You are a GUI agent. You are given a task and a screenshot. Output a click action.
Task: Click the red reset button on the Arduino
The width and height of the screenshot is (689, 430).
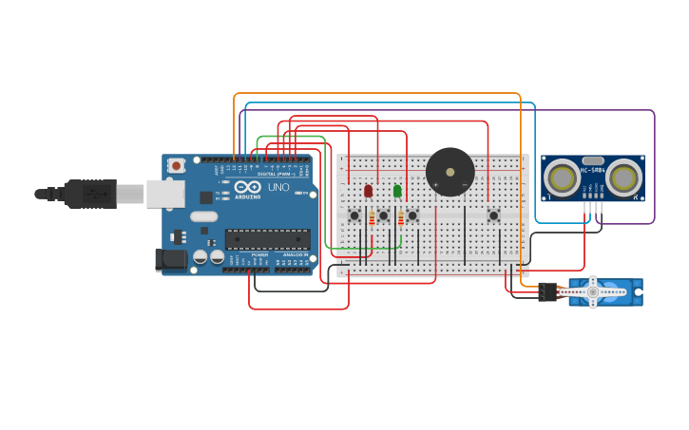coord(176,165)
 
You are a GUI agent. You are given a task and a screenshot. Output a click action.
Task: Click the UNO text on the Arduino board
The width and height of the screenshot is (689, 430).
coord(278,188)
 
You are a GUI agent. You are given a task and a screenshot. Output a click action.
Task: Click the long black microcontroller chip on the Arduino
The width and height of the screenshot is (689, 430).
coord(267,239)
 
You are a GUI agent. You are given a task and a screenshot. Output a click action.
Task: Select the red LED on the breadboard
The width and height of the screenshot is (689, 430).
coord(368,191)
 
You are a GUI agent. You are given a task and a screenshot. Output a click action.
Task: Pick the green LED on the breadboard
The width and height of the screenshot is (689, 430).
coord(397,191)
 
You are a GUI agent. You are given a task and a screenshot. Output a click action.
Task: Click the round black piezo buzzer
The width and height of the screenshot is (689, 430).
coord(450,172)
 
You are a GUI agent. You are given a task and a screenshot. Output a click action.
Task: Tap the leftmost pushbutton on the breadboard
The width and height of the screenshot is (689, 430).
coord(354,215)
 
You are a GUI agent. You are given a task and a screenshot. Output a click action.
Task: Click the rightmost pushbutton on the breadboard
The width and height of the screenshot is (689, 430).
coord(493,215)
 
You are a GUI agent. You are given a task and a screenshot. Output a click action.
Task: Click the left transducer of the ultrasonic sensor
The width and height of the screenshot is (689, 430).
coord(563,178)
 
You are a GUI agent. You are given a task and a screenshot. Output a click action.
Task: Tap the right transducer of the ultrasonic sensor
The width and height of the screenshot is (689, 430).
coord(623,178)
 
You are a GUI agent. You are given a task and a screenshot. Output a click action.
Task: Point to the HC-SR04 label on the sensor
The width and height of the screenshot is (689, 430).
coord(593,170)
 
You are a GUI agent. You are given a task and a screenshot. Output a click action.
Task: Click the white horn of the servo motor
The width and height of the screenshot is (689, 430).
coord(593,291)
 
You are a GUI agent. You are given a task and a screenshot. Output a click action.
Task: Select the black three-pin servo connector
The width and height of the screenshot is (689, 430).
coord(546,292)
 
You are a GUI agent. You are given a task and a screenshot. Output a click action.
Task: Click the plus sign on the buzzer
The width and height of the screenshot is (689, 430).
coord(435,185)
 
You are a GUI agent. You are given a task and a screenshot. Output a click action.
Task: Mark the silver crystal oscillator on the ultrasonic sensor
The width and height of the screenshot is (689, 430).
coord(593,161)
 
